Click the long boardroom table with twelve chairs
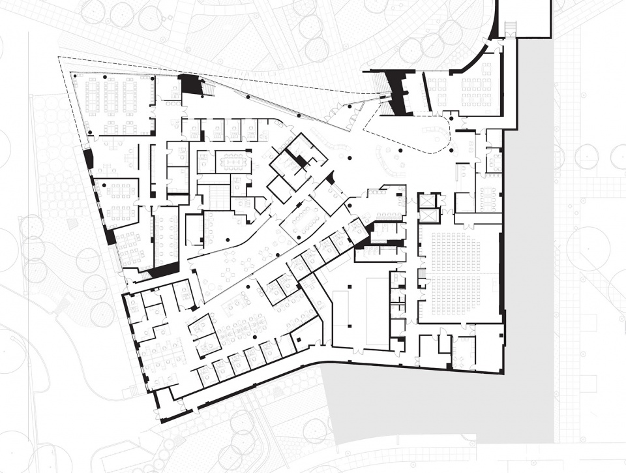click(x=233, y=161)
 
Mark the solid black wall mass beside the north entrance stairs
click(x=396, y=92)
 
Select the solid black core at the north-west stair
click(x=190, y=84)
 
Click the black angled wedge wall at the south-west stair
click(x=163, y=270)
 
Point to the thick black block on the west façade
click(x=89, y=159)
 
